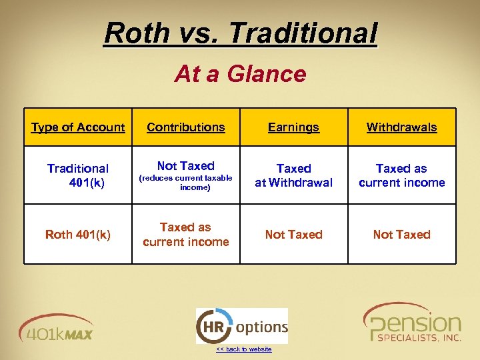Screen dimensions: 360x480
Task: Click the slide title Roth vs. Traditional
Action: click(240, 33)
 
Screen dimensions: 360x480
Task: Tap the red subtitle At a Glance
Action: click(240, 74)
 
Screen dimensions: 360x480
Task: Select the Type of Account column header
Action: click(78, 127)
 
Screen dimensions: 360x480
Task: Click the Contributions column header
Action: click(186, 127)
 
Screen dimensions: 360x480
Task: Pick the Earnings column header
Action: click(293, 127)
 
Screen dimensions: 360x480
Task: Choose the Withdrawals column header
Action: click(401, 127)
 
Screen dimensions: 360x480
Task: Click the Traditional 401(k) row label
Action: click(78, 175)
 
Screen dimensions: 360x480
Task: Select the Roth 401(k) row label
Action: click(78, 235)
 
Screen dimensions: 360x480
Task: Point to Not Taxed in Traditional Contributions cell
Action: click(186, 166)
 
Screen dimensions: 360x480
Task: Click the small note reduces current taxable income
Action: click(186, 183)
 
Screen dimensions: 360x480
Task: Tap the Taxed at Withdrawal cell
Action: click(293, 175)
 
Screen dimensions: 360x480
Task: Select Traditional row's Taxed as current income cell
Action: click(401, 175)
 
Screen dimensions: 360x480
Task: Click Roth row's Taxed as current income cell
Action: click(186, 235)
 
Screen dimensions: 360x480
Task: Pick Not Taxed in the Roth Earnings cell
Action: click(293, 235)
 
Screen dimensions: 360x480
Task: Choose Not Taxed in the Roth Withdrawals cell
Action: click(401, 235)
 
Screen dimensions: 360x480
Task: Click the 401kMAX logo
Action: click(57, 328)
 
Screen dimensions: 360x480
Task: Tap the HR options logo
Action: click(241, 326)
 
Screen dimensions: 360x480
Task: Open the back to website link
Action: click(243, 349)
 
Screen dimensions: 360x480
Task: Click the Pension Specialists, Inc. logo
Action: click(412, 324)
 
